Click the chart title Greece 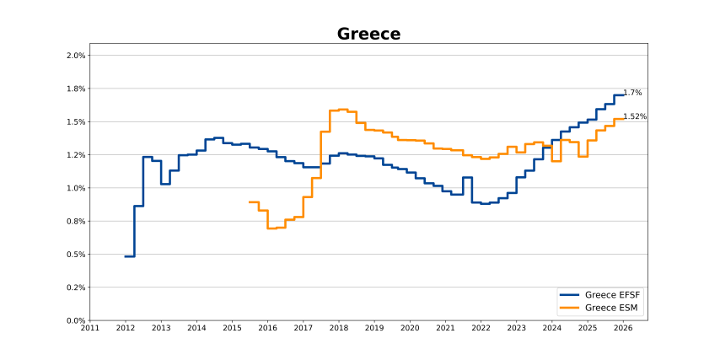point(368,34)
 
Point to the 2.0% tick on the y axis point(76,56)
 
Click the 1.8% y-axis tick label point(76,89)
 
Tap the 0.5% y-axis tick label point(76,255)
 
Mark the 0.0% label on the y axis point(76,320)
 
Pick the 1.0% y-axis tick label point(76,188)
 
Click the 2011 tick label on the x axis point(89,329)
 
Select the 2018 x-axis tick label point(339,329)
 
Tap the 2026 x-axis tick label point(623,329)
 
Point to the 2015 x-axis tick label point(232,329)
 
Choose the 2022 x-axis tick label point(481,329)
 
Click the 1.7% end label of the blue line point(632,93)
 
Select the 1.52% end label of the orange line point(635,116)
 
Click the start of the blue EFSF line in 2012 point(126,256)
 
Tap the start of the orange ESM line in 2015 point(250,201)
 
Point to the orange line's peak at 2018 point(342,110)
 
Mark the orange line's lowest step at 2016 point(272,228)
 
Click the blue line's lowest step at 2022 point(485,203)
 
